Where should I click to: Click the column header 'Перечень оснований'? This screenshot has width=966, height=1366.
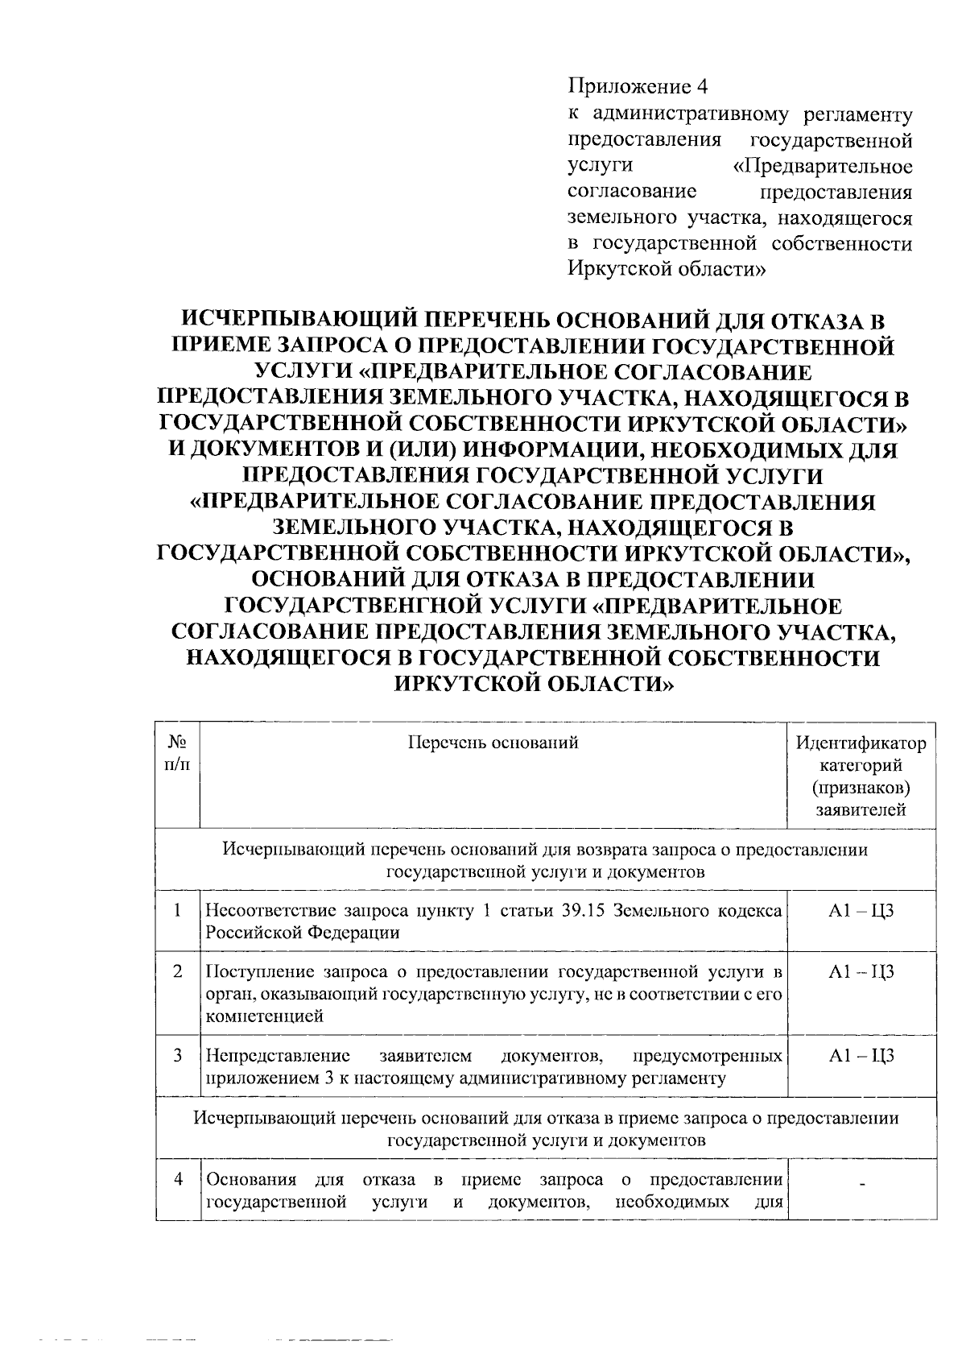coord(493,743)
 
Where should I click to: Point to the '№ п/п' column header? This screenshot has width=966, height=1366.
coord(178,752)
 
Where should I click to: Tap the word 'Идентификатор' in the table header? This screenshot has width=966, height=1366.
coord(861,743)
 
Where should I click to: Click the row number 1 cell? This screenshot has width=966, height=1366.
coord(178,910)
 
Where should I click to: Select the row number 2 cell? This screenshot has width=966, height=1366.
coord(178,971)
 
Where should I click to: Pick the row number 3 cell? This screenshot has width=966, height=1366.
coord(178,1055)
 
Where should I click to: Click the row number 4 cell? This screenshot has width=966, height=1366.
coord(178,1180)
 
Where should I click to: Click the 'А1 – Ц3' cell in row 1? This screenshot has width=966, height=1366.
coord(861,911)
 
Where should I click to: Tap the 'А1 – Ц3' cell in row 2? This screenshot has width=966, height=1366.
coord(861,971)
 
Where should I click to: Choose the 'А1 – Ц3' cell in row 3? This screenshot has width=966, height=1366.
coord(861,1056)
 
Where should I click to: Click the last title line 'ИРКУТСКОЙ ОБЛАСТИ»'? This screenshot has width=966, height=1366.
coord(534,683)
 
